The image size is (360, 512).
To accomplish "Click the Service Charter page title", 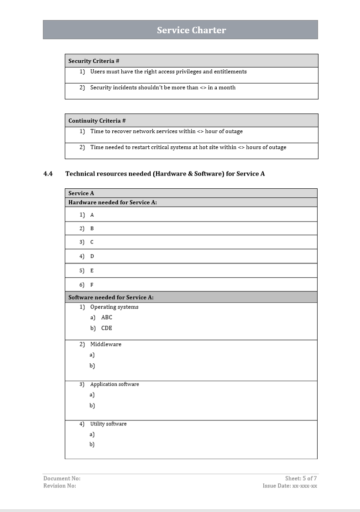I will pyautogui.click(x=191, y=30).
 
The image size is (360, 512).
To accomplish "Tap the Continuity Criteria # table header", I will pyautogui.click(x=97, y=121).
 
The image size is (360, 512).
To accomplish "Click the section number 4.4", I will pyautogui.click(x=48, y=174).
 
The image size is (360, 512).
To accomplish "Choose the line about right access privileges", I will pyautogui.click(x=168, y=72).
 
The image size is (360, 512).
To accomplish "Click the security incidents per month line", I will pyautogui.click(x=162, y=88).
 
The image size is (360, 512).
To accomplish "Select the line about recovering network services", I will pyautogui.click(x=166, y=131).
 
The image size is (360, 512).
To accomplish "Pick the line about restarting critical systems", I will pyautogui.click(x=188, y=147).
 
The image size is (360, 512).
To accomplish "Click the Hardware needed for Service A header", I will pyautogui.click(x=112, y=202).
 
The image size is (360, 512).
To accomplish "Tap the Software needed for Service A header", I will pyautogui.click(x=111, y=297).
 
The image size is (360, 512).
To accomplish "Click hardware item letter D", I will pyautogui.click(x=92, y=256).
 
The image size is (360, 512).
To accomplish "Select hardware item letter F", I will pyautogui.click(x=92, y=285).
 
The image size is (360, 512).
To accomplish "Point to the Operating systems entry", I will pyautogui.click(x=114, y=307).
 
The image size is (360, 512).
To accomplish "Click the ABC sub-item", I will pyautogui.click(x=106, y=317).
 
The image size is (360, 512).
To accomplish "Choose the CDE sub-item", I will pyautogui.click(x=106, y=328).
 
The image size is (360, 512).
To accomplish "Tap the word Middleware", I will pyautogui.click(x=106, y=344).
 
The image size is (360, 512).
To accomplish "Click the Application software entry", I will pyautogui.click(x=115, y=384).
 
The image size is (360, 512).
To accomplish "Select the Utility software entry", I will pyautogui.click(x=108, y=424).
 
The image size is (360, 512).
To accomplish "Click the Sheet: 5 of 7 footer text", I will pyautogui.click(x=301, y=478).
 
